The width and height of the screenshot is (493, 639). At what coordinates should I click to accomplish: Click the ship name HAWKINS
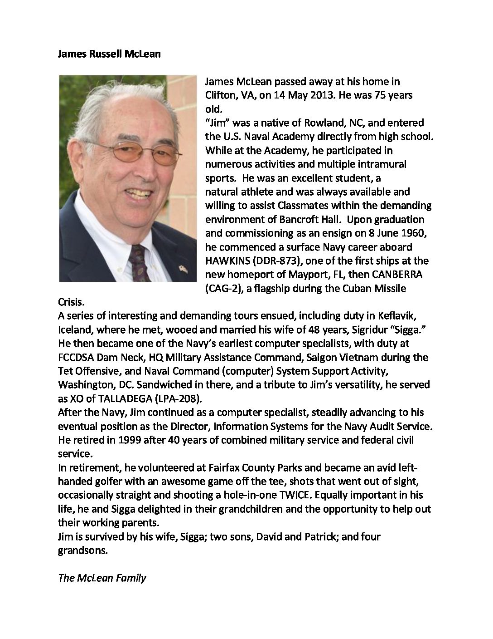227,261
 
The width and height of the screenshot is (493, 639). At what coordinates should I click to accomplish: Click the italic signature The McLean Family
102,578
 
